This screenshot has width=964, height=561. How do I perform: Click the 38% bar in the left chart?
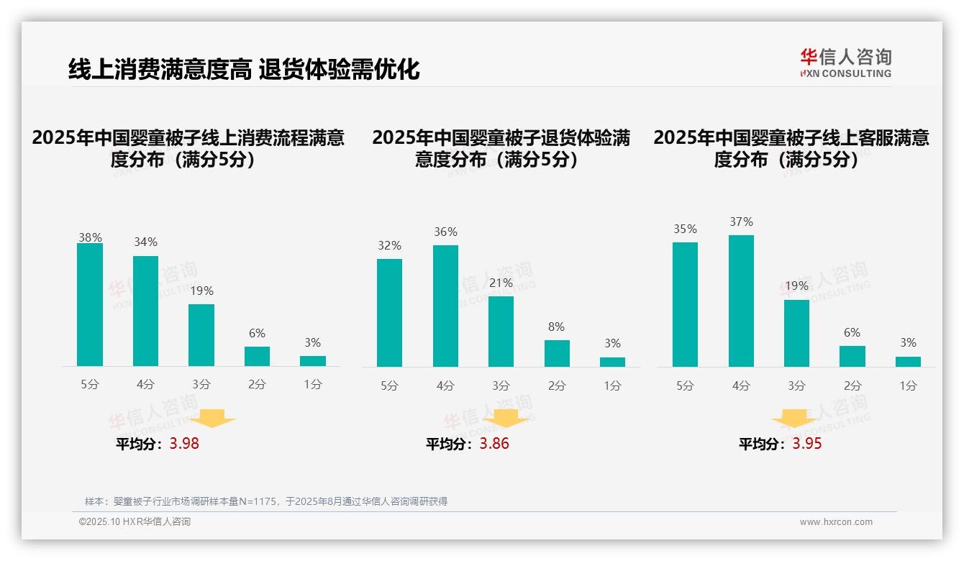click(x=90, y=305)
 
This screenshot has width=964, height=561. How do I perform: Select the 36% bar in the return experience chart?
click(x=445, y=306)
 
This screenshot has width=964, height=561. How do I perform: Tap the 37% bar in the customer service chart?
click(x=741, y=301)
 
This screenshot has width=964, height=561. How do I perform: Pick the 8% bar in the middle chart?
click(x=557, y=353)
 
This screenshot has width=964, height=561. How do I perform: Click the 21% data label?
click(x=501, y=283)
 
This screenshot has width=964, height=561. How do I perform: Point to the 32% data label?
click(x=389, y=246)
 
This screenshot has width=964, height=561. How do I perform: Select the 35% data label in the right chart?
click(x=685, y=229)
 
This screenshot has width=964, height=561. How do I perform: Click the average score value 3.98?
click(x=184, y=444)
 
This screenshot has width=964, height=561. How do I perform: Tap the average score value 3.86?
click(x=494, y=444)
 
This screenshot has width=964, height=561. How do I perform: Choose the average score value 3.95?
click(x=807, y=444)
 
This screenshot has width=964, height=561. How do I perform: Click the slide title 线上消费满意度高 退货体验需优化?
click(x=244, y=70)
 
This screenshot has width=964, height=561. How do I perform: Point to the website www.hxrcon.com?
click(x=836, y=522)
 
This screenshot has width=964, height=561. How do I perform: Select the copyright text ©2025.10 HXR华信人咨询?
click(x=135, y=522)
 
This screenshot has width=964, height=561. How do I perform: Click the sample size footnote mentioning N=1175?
click(x=266, y=501)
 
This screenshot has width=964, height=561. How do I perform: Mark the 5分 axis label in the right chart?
click(x=685, y=386)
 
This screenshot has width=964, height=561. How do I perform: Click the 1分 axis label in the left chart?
click(x=313, y=385)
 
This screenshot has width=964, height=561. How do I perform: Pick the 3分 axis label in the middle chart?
click(x=501, y=386)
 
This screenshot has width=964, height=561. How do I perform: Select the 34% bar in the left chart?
click(x=145, y=311)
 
